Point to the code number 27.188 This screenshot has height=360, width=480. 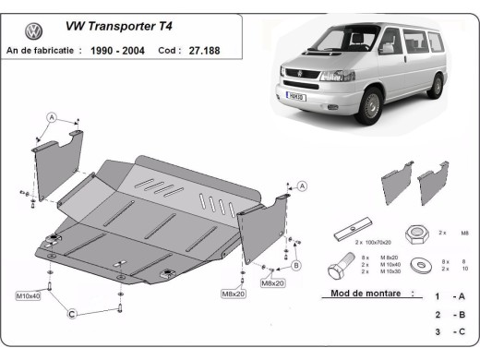pos(201,51)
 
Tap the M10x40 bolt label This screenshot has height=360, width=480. pos(30,295)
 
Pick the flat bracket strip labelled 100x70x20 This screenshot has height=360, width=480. pos(354,229)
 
